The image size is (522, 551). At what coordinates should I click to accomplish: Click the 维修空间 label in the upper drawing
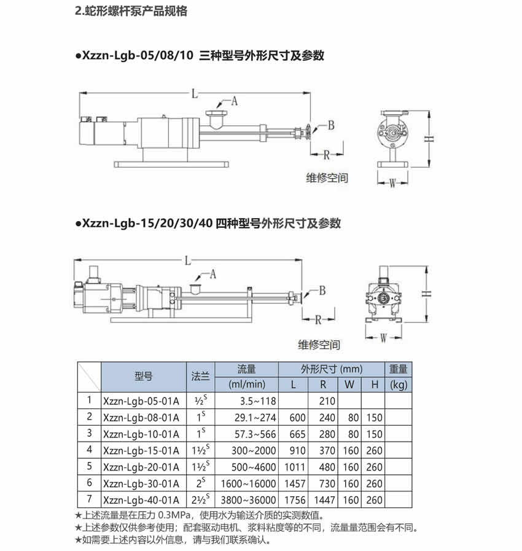pos(327,178)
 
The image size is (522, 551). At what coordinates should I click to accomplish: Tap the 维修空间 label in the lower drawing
pos(319,345)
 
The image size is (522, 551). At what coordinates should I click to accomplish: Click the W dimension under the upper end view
pos(393,182)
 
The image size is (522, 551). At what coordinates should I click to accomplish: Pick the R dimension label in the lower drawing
pos(318,319)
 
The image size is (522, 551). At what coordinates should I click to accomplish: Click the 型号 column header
pos(143,377)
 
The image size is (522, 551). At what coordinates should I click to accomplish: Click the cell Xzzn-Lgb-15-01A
pos(141,450)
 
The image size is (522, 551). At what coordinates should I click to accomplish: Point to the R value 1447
pos(324,500)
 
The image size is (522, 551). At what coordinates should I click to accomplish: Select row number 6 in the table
pos(89,483)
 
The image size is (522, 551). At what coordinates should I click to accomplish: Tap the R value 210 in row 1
pos(326,401)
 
